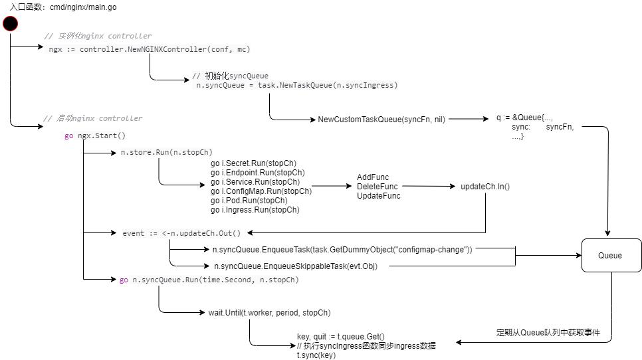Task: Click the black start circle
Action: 10,25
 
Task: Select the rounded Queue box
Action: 609,256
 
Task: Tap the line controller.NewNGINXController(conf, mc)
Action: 150,49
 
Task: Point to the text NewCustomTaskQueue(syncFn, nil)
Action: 381,120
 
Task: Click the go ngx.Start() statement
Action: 95,136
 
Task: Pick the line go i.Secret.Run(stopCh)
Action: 253,163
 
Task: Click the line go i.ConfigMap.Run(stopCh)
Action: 261,191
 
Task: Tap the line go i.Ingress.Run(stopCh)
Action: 255,210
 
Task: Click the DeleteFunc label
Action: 377,187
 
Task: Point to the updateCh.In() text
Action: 485,187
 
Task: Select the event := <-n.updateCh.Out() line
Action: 181,233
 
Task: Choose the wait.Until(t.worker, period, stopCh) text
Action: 269,312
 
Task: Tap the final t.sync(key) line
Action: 316,355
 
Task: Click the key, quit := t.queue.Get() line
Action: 340,336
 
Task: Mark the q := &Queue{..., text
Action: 529,118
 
